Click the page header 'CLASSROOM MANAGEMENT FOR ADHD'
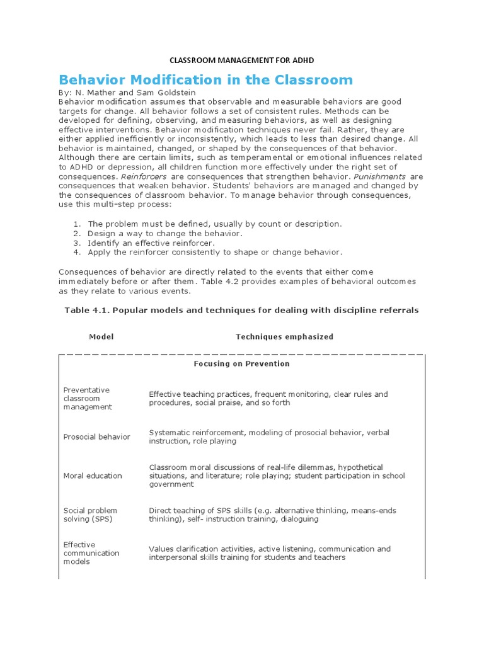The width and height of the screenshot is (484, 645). point(242,60)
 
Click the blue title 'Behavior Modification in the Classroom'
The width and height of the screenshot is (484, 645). point(205,80)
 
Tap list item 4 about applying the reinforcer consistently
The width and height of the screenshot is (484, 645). point(214,252)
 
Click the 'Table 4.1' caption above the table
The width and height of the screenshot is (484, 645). point(242,310)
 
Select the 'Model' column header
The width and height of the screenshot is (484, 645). point(101,336)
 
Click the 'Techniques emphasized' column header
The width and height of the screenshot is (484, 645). point(284,336)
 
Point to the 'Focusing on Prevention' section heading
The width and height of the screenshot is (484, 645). point(241,363)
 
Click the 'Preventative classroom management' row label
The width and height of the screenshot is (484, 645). point(88,398)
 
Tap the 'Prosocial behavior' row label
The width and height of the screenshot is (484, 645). point(96,437)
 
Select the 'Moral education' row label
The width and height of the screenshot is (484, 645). point(93,476)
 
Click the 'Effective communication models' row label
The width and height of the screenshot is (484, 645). point(91,553)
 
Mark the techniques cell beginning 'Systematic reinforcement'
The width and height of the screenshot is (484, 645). point(265,437)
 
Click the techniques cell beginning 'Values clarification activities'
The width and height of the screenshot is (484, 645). point(270,553)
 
